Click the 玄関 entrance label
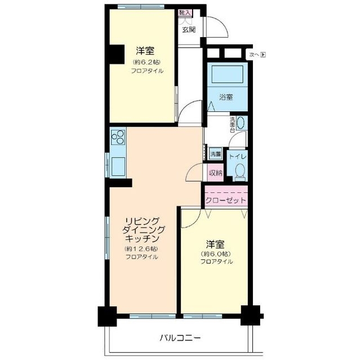click(x=189, y=29)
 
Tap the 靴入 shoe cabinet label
click(x=185, y=12)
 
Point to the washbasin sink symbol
click(x=241, y=123)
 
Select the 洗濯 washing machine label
click(x=216, y=154)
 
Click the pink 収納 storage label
click(x=215, y=173)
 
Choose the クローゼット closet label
click(x=225, y=200)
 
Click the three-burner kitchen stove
click(x=118, y=137)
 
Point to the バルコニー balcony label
click(x=180, y=338)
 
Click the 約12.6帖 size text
click(x=142, y=248)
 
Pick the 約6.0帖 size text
click(x=216, y=253)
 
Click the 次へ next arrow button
click(x=257, y=55)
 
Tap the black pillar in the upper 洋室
click(x=117, y=53)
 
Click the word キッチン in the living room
click(x=142, y=238)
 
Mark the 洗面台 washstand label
click(x=232, y=124)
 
